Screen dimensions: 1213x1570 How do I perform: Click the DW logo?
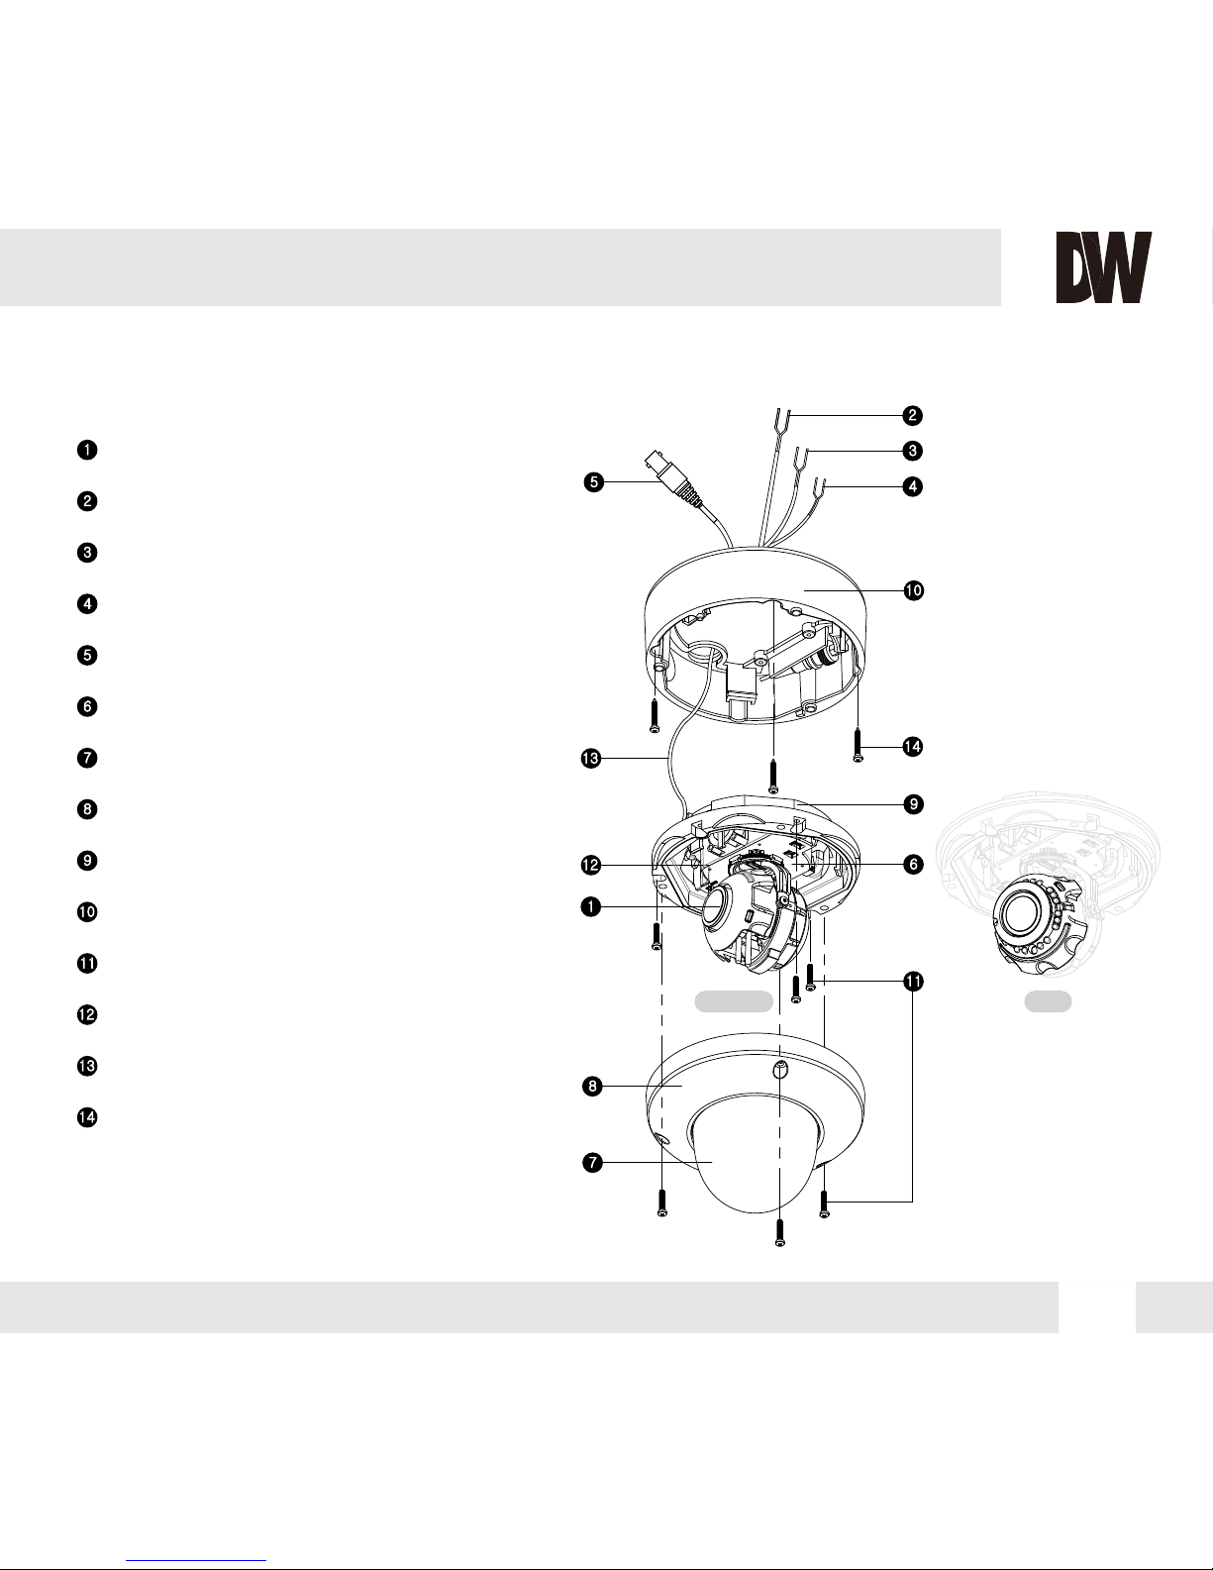(x=1103, y=267)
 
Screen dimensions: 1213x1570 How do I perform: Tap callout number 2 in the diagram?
(x=913, y=415)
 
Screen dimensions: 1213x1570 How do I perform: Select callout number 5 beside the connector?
(x=593, y=482)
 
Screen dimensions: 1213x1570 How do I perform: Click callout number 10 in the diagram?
(x=913, y=590)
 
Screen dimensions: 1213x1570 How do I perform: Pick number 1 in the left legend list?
(x=87, y=450)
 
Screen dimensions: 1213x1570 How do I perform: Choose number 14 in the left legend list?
(x=87, y=1117)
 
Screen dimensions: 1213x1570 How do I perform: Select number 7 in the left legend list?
(x=87, y=758)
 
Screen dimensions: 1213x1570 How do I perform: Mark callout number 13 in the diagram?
(x=590, y=759)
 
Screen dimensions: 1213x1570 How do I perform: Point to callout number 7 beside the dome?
(x=592, y=1163)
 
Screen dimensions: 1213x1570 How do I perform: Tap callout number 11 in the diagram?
(x=913, y=982)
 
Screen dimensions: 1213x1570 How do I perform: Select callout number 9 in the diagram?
(x=913, y=804)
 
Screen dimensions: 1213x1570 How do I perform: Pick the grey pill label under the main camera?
(x=734, y=1001)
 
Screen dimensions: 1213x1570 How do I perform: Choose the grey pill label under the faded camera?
(x=1048, y=1001)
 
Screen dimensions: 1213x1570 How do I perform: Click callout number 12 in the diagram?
(x=590, y=865)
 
